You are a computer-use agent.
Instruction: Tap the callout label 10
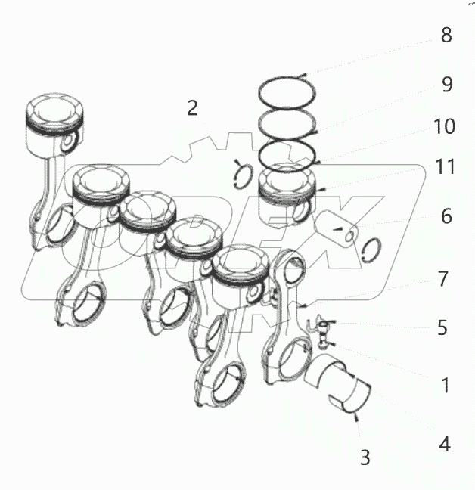coord(446,126)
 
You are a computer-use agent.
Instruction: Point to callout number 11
coord(446,167)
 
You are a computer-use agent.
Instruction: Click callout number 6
coord(446,217)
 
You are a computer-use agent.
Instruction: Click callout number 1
coord(446,385)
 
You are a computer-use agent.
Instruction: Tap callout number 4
coord(446,444)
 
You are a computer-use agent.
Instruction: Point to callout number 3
coord(365,457)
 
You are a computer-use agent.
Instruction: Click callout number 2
coord(192,107)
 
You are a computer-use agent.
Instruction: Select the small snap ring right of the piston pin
coord(371,249)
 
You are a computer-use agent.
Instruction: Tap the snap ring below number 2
coord(241,173)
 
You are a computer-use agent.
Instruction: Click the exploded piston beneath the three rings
coord(287,194)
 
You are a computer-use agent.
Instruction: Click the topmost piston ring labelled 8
coord(287,91)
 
